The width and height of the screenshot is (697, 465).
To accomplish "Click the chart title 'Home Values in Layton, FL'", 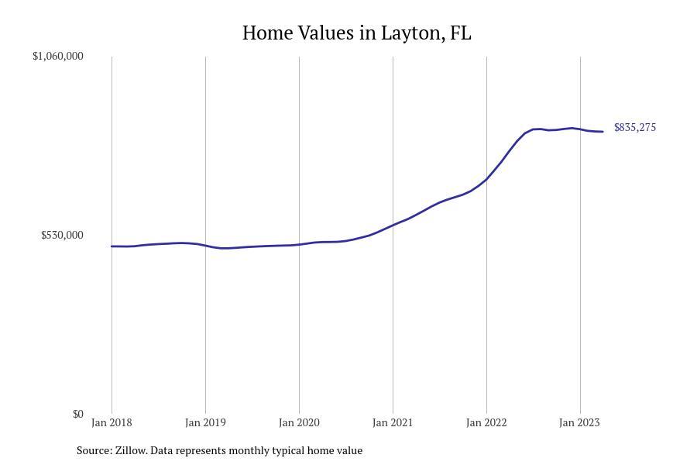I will [x=356, y=33].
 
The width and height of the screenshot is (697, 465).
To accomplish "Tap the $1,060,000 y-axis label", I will [x=58, y=56].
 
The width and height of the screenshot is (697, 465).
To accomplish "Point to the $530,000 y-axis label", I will [x=62, y=235].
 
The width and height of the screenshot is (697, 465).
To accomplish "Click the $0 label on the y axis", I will [x=77, y=414].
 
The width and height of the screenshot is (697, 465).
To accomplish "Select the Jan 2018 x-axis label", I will [x=112, y=422].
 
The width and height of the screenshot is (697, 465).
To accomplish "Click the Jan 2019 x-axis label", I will [x=205, y=422].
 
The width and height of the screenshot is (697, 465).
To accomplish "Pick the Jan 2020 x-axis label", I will [x=299, y=422].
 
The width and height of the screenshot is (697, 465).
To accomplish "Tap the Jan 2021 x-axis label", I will [x=393, y=422].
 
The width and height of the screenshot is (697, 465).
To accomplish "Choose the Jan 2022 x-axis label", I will [x=486, y=422].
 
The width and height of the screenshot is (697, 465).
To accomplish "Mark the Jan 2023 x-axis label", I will [x=579, y=422].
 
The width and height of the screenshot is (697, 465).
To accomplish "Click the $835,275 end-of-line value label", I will [x=634, y=127].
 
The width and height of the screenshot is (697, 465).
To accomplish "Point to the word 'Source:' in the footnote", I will [x=94, y=450].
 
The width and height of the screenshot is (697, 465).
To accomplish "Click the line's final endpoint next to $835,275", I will [x=603, y=132].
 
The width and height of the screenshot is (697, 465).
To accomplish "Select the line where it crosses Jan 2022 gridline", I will [x=486, y=179].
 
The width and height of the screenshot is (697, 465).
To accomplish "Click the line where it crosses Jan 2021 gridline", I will [x=393, y=226].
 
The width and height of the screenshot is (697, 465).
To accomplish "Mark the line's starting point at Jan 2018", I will [x=112, y=246].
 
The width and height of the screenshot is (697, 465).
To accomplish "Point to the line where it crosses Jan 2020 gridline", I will [x=299, y=245].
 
